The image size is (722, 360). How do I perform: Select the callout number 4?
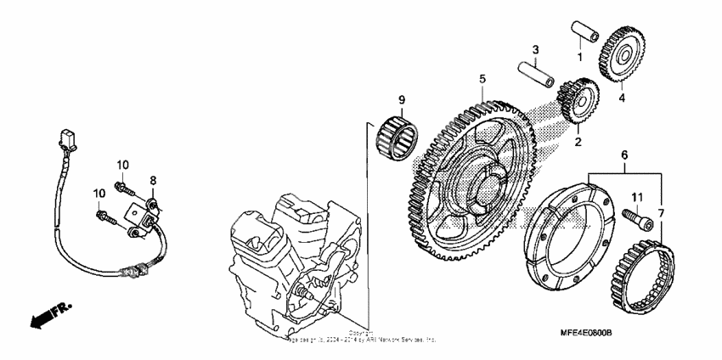pos(621,98)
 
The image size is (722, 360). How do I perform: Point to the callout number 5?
pos(482,79)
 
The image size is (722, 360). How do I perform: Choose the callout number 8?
pos(154,180)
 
